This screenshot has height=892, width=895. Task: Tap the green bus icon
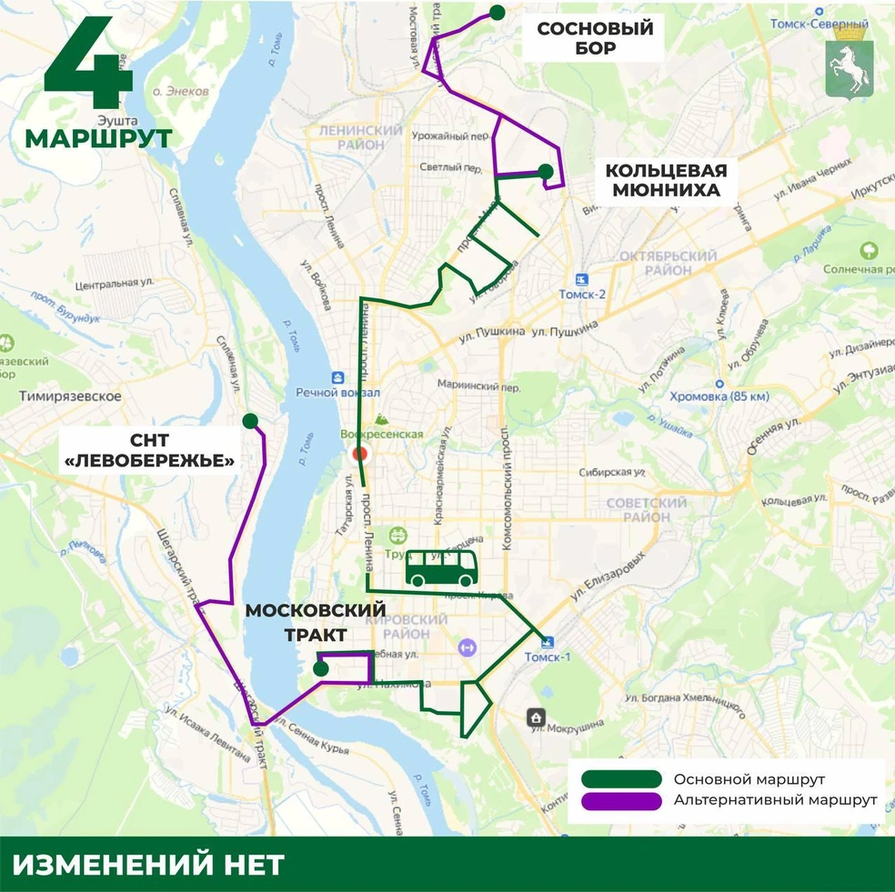point(442,569)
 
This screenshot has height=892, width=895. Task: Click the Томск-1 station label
point(548,656)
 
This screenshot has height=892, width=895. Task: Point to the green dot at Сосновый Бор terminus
point(497,12)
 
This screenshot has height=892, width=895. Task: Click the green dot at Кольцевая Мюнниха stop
point(545,171)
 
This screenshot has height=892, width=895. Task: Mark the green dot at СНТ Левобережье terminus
point(248,420)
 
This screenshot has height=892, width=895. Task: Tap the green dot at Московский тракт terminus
point(320,669)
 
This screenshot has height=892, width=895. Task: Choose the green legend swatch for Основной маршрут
point(622,779)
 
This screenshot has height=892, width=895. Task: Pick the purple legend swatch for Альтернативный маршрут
point(622,800)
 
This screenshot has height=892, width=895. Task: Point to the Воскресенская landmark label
point(382,434)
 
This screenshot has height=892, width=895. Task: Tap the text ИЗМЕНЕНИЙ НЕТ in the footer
point(148,864)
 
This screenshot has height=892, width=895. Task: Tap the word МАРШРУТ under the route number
point(98,138)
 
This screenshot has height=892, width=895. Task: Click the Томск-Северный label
point(818,23)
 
